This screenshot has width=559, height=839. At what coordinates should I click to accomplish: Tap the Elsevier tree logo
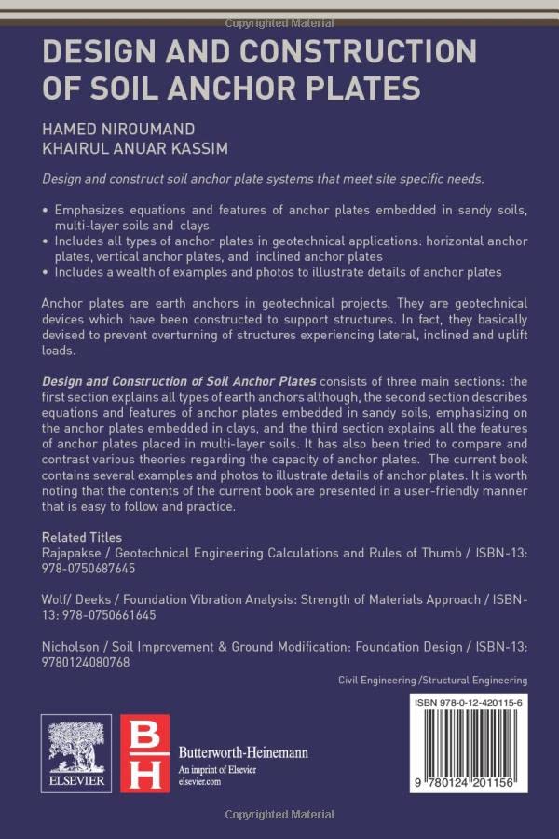tap(75, 746)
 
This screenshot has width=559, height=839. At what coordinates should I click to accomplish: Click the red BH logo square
tap(145, 753)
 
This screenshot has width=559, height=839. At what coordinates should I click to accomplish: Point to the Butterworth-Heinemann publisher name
tap(243, 751)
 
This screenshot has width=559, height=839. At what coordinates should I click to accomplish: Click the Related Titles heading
tap(82, 537)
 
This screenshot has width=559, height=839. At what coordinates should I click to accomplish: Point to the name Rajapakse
tap(74, 553)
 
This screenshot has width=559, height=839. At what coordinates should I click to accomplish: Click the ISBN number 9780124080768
tap(86, 662)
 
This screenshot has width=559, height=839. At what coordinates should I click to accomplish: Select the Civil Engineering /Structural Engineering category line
tap(433, 681)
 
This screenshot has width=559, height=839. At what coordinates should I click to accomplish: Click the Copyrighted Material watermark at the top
tap(279, 21)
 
